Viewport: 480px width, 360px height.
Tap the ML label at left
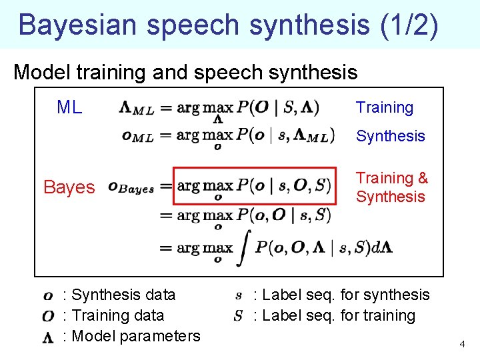tap(69, 107)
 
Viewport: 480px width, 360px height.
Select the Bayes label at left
tap(69, 187)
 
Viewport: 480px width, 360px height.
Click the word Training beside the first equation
tap(385, 107)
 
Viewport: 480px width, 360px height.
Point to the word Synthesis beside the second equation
tap(390, 136)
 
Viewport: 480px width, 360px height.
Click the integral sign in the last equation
tap(243, 248)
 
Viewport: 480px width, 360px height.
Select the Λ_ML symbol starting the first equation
tap(137, 108)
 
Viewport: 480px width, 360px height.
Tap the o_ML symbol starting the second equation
tap(137, 136)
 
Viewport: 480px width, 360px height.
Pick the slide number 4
tap(461, 344)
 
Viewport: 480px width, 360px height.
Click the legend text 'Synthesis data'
tap(123, 295)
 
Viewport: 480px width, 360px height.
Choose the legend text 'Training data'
tap(117, 315)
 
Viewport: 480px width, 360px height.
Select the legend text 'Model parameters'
tap(135, 336)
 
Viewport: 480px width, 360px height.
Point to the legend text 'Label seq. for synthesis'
tap(341, 295)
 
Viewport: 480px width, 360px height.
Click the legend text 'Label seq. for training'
tap(334, 315)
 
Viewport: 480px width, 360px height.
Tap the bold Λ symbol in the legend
tap(48, 337)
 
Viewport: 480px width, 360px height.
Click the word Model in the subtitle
tap(37, 72)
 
